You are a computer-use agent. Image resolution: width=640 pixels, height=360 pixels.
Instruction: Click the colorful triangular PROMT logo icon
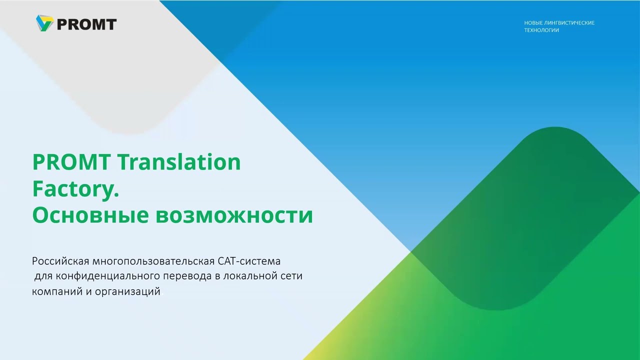[44, 23]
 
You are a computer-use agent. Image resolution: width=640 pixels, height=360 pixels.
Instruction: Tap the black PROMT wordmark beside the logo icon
[86, 24]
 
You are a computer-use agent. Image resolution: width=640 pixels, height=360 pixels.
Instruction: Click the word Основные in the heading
[90, 215]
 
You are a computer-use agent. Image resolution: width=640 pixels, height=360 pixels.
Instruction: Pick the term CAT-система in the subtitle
[249, 261]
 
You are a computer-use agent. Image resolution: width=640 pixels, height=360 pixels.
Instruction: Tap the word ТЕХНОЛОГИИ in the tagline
[541, 30]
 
